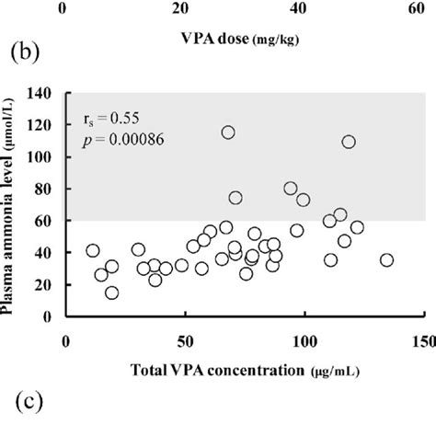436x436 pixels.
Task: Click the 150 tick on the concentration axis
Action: (x=422, y=339)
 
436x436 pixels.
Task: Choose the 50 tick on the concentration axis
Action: (x=184, y=339)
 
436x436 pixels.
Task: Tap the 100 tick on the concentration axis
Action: (x=303, y=339)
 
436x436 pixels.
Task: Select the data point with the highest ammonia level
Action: (x=228, y=132)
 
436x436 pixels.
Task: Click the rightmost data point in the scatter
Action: (x=386, y=260)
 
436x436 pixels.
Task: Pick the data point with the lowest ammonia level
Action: (x=111, y=293)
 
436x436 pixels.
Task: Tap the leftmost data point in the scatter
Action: (x=93, y=250)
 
